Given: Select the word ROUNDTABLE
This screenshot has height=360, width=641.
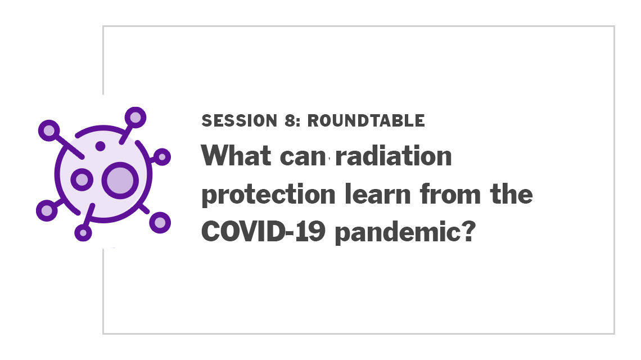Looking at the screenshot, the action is click(366, 121).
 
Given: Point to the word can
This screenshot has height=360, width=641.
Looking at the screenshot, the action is click(303, 157).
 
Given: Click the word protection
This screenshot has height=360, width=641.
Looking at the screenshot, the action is click(269, 195).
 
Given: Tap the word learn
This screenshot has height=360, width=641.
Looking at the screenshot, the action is click(377, 193).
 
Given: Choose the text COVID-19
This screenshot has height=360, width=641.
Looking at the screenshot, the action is click(263, 231).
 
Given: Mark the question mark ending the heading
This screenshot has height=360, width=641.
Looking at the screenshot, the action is click(470, 231).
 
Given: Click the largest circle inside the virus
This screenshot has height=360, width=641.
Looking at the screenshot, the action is click(120, 181).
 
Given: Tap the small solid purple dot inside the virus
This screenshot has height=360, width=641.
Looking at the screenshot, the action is click(100, 146).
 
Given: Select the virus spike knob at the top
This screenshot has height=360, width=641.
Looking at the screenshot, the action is click(136, 118).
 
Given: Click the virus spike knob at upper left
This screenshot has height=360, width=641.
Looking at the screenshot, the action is click(49, 130).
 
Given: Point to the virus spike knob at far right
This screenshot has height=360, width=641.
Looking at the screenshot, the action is click(162, 157).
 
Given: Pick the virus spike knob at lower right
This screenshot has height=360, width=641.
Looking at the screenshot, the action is click(160, 223).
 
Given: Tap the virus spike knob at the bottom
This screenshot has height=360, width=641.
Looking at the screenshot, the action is click(83, 232).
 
